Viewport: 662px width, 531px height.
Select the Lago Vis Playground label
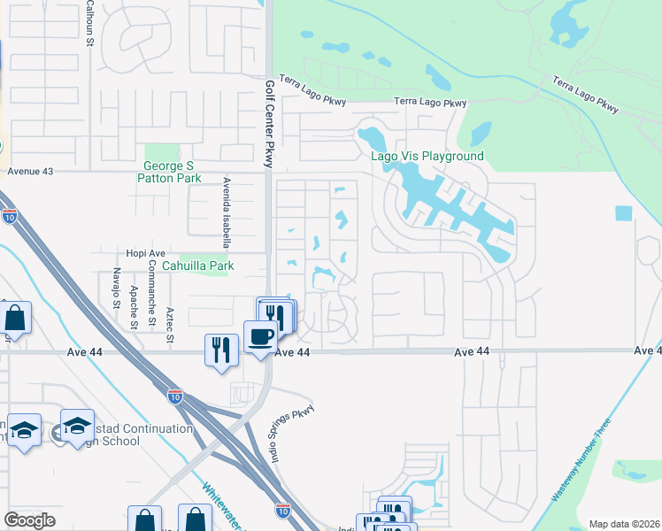coord(427,157)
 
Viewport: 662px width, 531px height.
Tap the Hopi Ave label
coord(146,252)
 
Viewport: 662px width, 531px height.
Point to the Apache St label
coord(135,306)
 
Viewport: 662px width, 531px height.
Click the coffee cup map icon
coord(261,337)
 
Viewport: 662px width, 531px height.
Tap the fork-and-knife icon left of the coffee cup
coord(221,349)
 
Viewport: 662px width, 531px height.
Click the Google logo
coord(29,520)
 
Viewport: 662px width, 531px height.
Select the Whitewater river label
coord(221,506)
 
